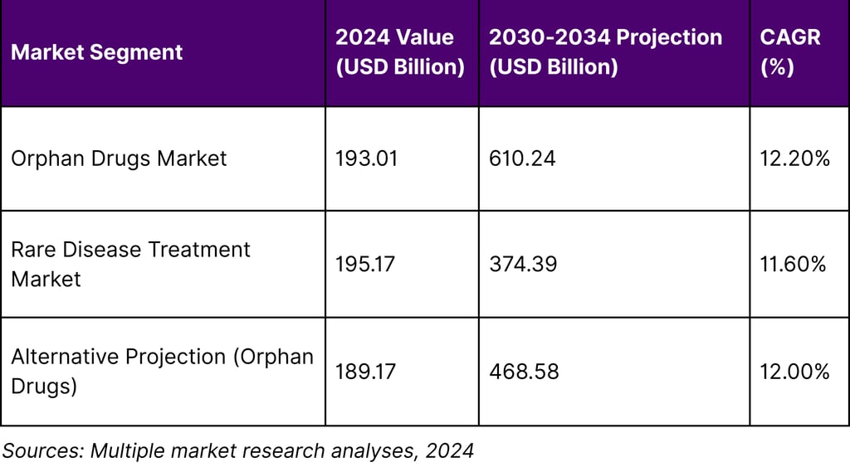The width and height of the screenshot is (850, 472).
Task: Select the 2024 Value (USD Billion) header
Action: pyautogui.click(x=399, y=52)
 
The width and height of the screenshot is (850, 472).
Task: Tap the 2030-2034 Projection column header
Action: pyautogui.click(x=605, y=52)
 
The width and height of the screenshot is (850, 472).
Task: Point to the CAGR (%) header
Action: pyautogui.click(x=790, y=52)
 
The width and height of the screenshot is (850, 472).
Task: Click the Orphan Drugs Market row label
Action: pyautogui.click(x=119, y=158)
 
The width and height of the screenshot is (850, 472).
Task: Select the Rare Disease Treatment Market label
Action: pyautogui.click(x=130, y=264)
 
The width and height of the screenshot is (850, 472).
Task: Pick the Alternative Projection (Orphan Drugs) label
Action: pyautogui.click(x=162, y=371)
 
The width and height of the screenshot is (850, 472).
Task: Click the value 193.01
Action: pyautogui.click(x=366, y=158)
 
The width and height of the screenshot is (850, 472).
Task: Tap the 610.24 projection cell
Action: pyautogui.click(x=522, y=158)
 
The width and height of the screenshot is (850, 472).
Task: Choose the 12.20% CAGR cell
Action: pyautogui.click(x=794, y=158)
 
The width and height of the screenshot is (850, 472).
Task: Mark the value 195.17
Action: pyautogui.click(x=365, y=264)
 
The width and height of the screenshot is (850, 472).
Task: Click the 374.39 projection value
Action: pyautogui.click(x=523, y=264)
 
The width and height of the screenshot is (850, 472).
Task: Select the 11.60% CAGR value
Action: pyautogui.click(x=793, y=264)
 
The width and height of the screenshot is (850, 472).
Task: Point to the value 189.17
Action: pyautogui.click(x=365, y=371)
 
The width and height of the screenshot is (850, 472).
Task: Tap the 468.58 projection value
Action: pyautogui.click(x=524, y=371)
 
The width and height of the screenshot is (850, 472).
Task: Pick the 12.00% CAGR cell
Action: pyautogui.click(x=794, y=371)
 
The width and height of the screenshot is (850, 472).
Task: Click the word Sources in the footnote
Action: pyautogui.click(x=42, y=450)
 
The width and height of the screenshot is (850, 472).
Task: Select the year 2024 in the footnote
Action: pyautogui.click(x=449, y=450)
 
